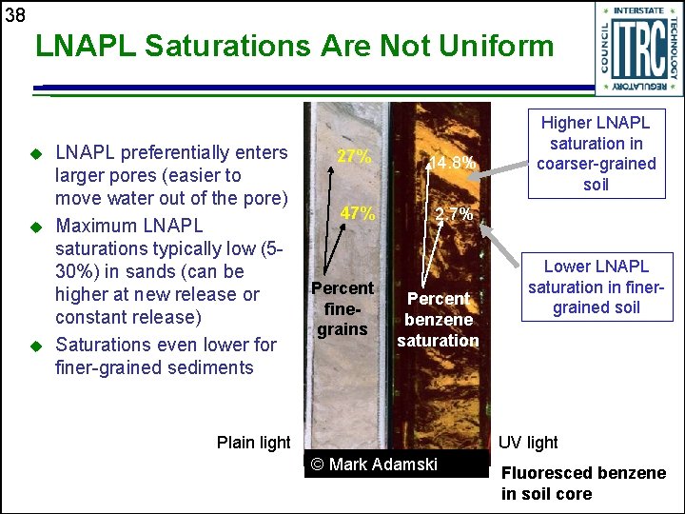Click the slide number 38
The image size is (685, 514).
14,14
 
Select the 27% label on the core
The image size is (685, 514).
355,157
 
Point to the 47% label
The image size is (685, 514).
358,213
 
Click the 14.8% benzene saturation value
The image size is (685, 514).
451,163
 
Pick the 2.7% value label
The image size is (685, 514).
454,214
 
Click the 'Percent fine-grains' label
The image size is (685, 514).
342,308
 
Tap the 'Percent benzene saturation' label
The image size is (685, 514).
438,319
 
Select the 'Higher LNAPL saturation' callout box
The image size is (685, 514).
596,153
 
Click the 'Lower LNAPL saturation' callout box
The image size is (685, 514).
597,287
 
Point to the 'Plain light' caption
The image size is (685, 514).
253,443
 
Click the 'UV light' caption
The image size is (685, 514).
529,443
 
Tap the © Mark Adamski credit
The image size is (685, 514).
375,465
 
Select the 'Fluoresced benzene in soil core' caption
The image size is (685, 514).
583,483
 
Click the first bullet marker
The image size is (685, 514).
36,153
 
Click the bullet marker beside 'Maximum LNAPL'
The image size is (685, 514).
36,227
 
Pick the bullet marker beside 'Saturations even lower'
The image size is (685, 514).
36,345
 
